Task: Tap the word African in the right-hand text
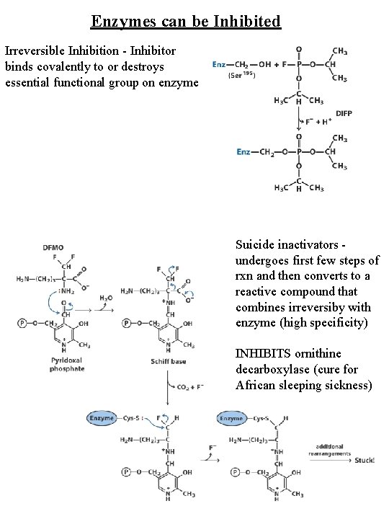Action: (256, 386)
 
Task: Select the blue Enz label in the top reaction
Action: (220, 64)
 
